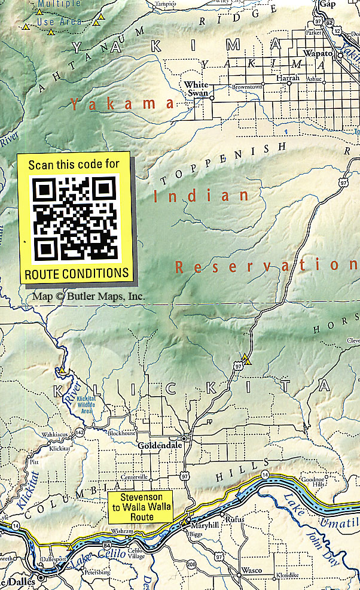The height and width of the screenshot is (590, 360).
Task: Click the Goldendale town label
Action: point(155,446)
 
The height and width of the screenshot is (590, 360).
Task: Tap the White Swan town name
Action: point(196,89)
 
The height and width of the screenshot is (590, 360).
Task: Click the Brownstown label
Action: point(247,87)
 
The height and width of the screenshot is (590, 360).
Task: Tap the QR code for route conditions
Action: point(75,217)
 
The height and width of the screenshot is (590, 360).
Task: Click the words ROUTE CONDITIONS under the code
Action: point(76,273)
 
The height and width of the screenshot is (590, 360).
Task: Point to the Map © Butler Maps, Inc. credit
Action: point(89,296)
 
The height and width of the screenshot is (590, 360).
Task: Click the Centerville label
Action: point(134,477)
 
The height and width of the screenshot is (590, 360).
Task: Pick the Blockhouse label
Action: point(122,433)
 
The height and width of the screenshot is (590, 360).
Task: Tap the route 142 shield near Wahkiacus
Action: point(80,430)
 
